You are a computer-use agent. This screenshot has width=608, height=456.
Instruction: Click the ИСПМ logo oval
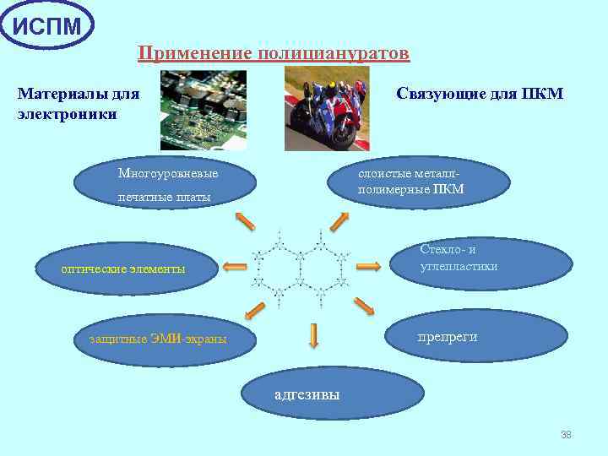(47, 25)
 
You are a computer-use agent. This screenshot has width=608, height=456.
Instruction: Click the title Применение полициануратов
(274, 54)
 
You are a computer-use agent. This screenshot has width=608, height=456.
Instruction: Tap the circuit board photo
(204, 110)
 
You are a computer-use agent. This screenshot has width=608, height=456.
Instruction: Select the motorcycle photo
(327, 108)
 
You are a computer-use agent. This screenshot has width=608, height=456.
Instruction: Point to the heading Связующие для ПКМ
(479, 93)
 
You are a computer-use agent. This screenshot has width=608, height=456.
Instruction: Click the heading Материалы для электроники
(79, 102)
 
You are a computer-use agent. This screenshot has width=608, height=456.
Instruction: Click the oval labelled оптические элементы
(124, 269)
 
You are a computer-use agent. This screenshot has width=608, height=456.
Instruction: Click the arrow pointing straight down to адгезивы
(313, 335)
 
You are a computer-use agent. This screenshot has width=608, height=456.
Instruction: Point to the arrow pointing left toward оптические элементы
(235, 266)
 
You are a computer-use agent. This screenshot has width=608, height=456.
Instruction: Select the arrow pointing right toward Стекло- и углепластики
(369, 266)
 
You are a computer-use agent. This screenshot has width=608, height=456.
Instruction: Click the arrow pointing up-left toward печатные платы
(244, 220)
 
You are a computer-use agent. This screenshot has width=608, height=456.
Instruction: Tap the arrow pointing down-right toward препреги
(364, 306)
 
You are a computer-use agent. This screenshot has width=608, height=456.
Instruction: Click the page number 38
(566, 435)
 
